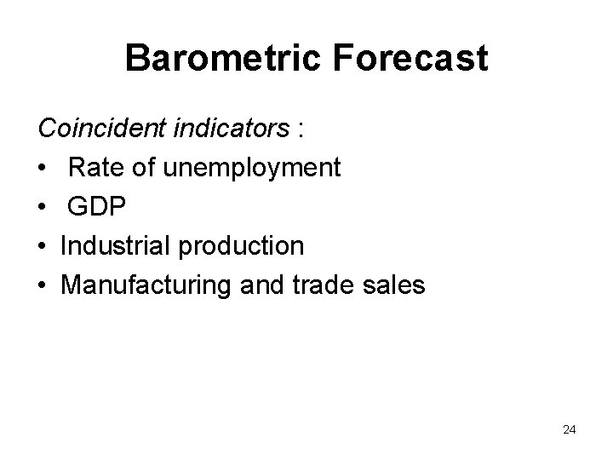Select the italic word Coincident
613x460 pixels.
click(x=105, y=129)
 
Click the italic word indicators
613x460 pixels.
click(x=232, y=129)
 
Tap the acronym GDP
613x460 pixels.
click(x=98, y=207)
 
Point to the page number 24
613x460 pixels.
click(x=569, y=429)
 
